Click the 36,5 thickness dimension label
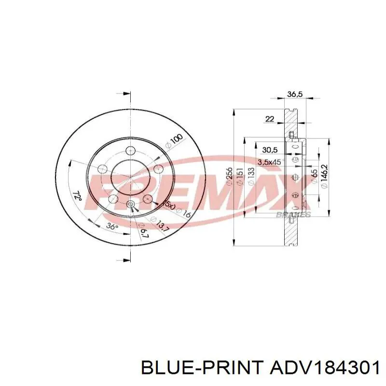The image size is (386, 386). (294, 95)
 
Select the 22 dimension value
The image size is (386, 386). (270, 119)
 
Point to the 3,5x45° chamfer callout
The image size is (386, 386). (270, 162)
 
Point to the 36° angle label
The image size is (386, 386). (112, 227)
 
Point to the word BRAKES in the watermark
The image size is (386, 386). (293, 215)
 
